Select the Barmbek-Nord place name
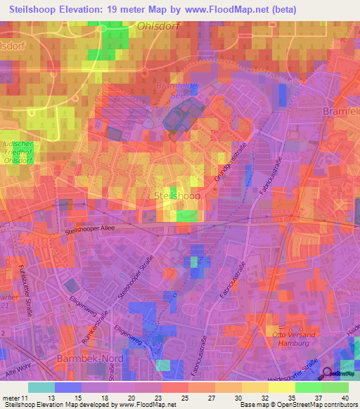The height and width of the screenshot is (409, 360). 89,358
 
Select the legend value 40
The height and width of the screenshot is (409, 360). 344,398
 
